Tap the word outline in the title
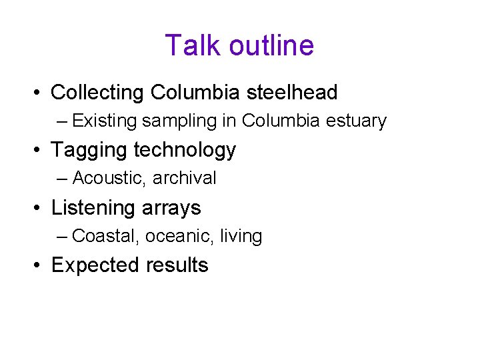pos(271,45)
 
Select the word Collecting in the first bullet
pos(98,93)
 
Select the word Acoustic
pos(109,178)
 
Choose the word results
pos(177,265)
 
